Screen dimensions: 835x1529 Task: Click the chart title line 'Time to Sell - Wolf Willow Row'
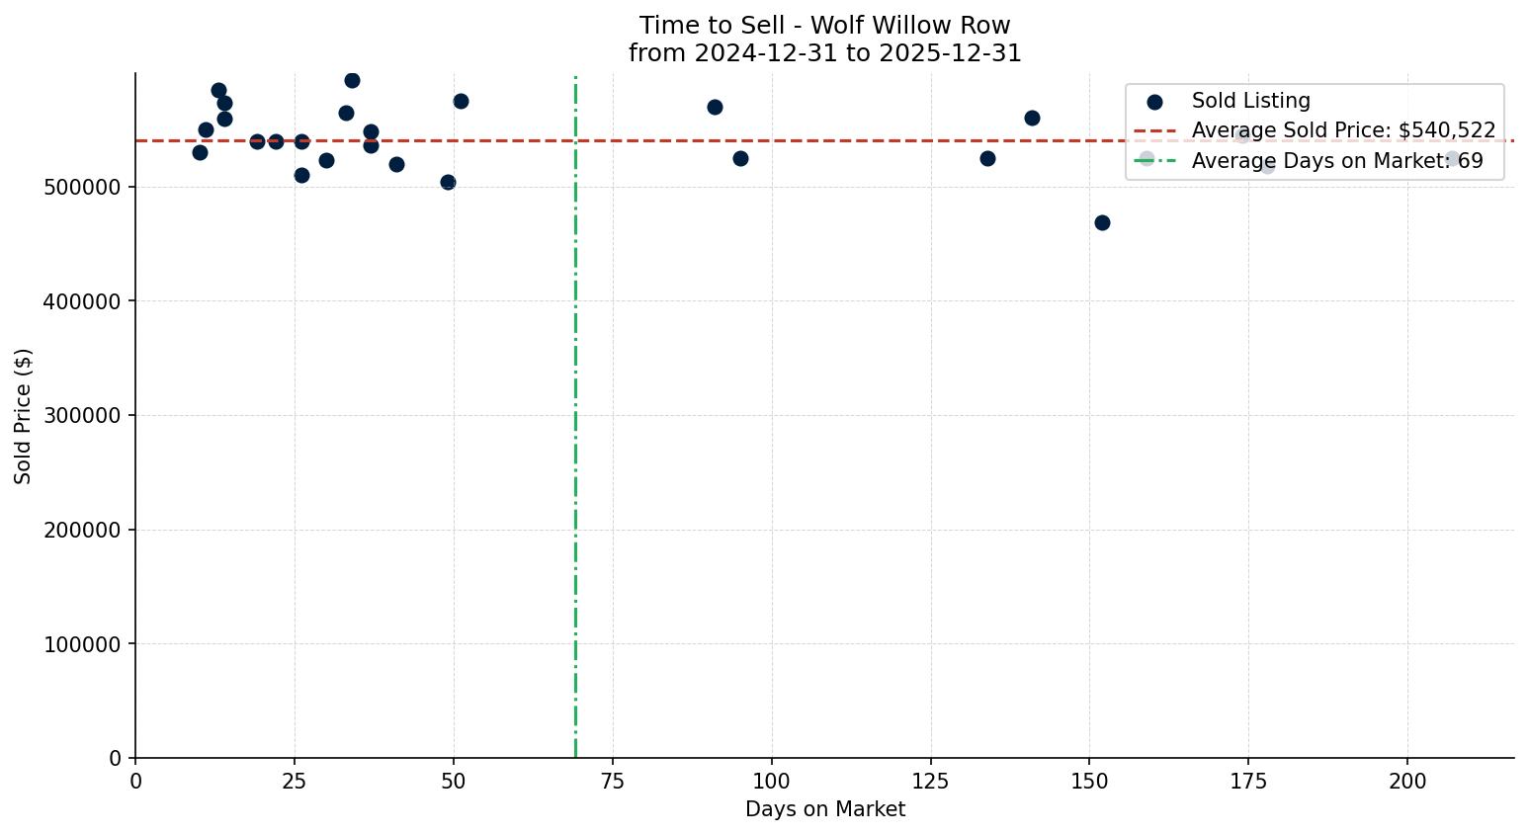824,26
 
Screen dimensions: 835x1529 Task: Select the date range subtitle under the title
824,53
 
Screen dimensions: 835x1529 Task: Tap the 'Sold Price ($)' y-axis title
23,416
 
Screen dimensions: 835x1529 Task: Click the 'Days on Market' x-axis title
824,809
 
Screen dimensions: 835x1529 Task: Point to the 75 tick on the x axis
613,782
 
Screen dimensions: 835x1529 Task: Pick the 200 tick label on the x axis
1407,782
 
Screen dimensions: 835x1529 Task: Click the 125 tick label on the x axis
930,782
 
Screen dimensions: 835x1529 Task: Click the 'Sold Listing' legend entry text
1250,101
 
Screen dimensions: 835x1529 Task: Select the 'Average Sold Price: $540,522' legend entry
1343,130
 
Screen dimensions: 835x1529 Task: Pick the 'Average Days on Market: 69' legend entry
1336,161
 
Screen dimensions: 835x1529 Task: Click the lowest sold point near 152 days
1102,222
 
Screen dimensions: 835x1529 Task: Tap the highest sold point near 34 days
352,80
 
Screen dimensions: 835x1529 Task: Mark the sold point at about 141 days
1032,118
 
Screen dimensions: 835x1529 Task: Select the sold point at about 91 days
715,107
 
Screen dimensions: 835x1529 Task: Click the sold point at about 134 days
987,158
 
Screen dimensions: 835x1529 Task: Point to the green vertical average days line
575,445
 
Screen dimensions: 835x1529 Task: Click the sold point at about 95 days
740,158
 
